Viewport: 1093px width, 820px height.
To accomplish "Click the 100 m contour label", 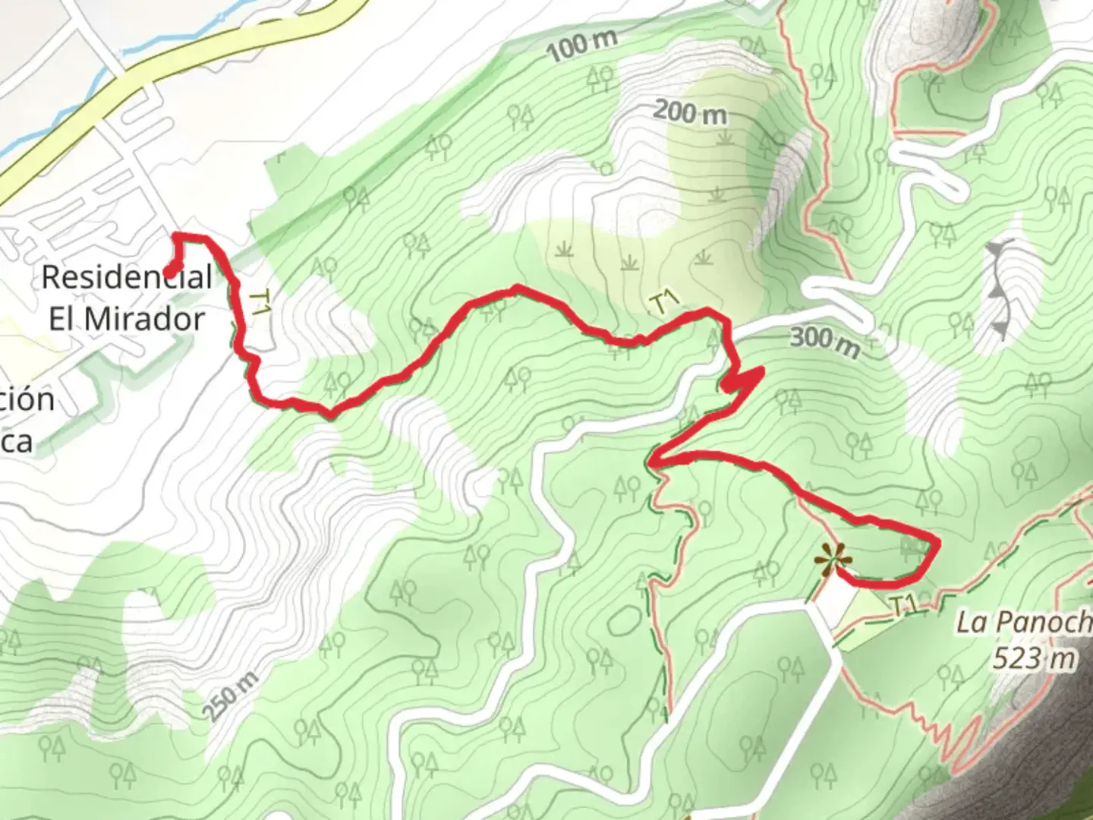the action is pyautogui.click(x=581, y=46).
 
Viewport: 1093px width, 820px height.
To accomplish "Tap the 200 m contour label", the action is pyautogui.click(x=689, y=113).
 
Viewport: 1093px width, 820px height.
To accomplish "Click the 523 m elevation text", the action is pyautogui.click(x=1034, y=658).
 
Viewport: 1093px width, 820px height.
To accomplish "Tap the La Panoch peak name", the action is pyautogui.click(x=1023, y=623).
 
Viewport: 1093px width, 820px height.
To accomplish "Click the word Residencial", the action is pyautogui.click(x=127, y=276).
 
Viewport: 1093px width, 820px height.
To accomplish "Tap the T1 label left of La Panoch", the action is pyautogui.click(x=901, y=606).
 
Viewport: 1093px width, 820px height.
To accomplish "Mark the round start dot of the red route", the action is pyautogui.click(x=171, y=272).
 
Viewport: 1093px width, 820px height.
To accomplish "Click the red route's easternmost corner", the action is pyautogui.click(x=938, y=543).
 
